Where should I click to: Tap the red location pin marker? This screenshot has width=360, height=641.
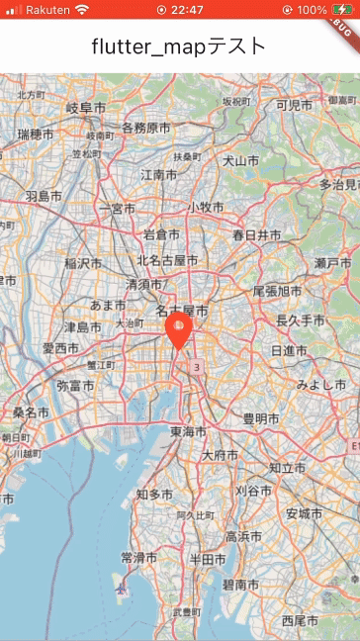[x=179, y=330]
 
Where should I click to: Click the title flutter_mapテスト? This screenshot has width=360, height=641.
[x=179, y=46]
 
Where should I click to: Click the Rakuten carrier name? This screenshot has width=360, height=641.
[x=46, y=10]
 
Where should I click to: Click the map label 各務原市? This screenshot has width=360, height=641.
[x=145, y=129]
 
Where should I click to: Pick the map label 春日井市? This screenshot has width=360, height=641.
[x=257, y=235]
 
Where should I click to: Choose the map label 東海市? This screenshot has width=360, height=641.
[x=188, y=432]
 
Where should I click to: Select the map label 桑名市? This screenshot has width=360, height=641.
[x=31, y=412]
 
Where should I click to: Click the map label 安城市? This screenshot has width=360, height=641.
[x=304, y=513]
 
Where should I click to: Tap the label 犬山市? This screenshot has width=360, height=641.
[x=240, y=160]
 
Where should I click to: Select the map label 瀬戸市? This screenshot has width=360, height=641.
[x=332, y=262]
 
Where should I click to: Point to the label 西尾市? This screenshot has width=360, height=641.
[x=300, y=621]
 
